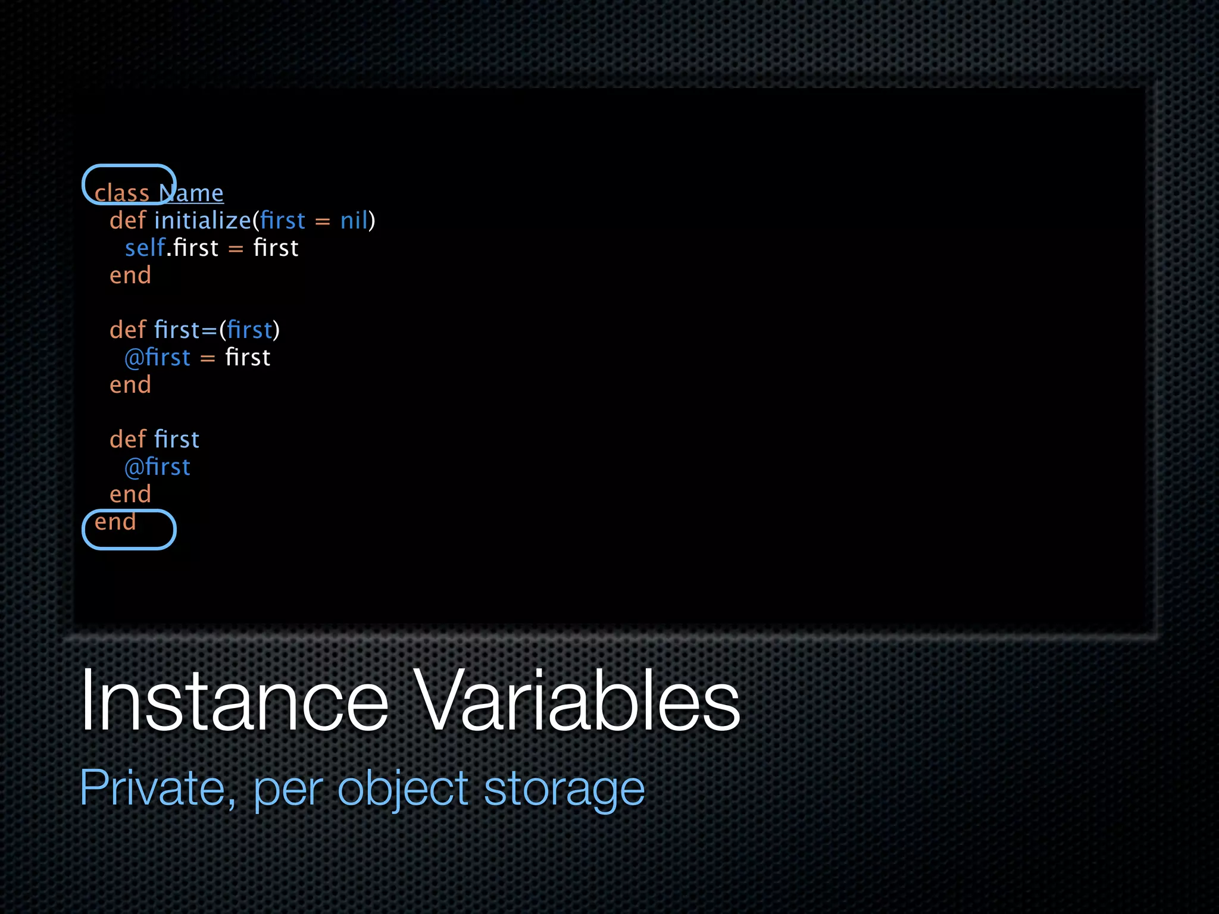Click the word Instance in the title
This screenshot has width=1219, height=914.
click(x=234, y=700)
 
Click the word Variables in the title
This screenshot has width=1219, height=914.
click(x=576, y=700)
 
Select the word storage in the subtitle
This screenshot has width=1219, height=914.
click(x=564, y=788)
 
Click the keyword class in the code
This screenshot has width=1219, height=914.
click(x=121, y=193)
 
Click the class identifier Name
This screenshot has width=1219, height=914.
click(x=191, y=193)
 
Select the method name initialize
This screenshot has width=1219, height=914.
click(x=202, y=221)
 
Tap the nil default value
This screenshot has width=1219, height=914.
click(x=354, y=221)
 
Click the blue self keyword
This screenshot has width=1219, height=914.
click(x=145, y=248)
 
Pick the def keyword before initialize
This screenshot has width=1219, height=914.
click(x=127, y=221)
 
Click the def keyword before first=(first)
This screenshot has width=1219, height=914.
click(x=127, y=330)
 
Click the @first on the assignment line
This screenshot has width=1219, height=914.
click(x=157, y=358)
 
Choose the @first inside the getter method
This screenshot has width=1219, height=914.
click(x=157, y=467)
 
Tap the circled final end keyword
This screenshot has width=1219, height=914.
click(x=115, y=522)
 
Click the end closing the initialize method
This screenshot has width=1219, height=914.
click(x=130, y=276)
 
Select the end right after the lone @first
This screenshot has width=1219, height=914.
click(x=130, y=494)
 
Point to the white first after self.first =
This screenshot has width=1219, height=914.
click(x=276, y=248)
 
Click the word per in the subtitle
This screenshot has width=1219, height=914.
click(x=288, y=788)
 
